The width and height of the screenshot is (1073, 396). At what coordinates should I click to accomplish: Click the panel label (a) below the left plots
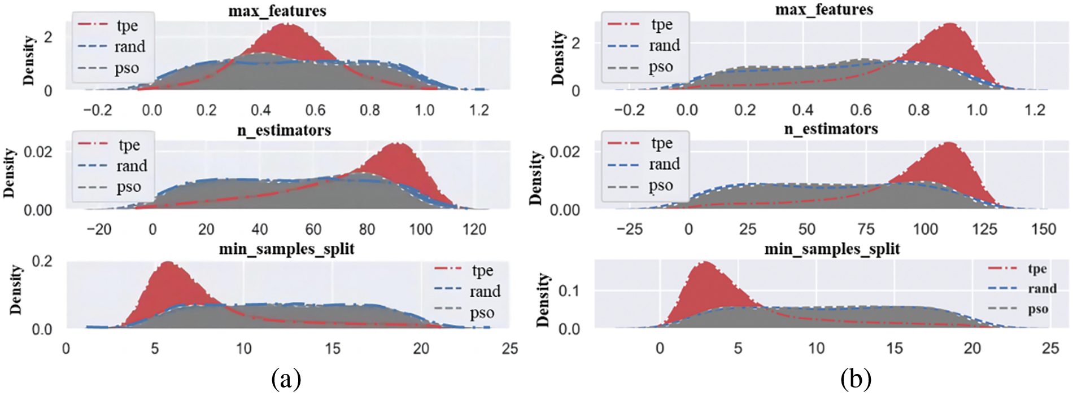pos(286,379)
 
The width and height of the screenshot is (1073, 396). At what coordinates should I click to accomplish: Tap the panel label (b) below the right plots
pos(856,379)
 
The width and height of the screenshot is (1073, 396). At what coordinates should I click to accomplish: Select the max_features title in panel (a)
pos(277,11)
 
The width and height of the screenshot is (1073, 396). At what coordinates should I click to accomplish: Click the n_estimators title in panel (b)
pos(831,129)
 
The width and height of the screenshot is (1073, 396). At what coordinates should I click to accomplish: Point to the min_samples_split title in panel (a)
pos(286,249)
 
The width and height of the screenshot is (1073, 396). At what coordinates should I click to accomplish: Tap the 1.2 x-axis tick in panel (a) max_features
pos(479,110)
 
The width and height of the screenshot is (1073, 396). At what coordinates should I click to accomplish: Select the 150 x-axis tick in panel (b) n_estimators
pos(1043,229)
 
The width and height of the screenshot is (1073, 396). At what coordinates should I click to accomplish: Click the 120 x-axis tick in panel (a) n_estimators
pos(474,230)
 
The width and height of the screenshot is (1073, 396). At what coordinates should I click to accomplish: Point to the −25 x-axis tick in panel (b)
pos(629,229)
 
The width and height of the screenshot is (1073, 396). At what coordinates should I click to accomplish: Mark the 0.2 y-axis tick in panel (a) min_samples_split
pos(42,261)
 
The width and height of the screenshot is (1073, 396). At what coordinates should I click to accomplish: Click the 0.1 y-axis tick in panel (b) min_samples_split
pos(569,291)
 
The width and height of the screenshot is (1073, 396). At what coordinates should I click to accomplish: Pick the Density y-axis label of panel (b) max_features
pos(558,58)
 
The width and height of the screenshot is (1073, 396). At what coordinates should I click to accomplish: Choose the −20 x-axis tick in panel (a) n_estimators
pos(99,230)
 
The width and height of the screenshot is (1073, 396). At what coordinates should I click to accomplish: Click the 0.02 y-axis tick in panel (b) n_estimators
pos(564,152)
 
